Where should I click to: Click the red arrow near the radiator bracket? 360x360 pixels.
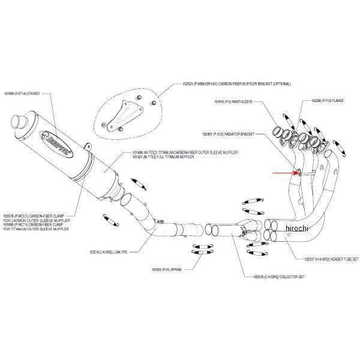(x=286, y=172)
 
